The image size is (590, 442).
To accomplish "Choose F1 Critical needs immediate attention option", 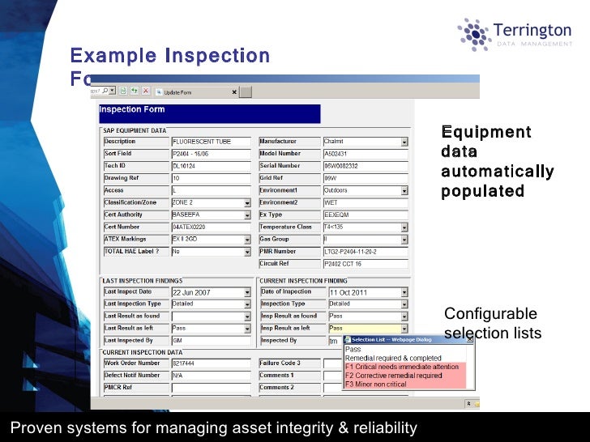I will pos(402,367).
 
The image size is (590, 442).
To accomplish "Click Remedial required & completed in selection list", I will pos(393,358).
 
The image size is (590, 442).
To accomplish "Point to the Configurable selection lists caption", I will pos(492,324).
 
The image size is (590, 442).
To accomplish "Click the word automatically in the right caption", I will pos(497,172).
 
